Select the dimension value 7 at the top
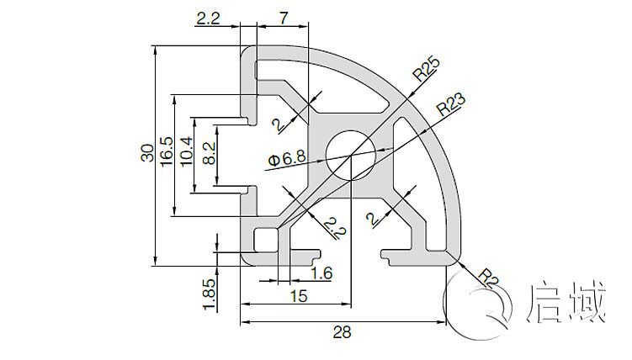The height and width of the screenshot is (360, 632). tap(283, 16)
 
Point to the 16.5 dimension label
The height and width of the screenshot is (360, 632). tap(167, 154)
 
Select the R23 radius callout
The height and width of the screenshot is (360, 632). tap(450, 105)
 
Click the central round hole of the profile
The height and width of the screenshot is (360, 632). tap(352, 154)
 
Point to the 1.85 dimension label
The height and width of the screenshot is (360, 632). tap(209, 294)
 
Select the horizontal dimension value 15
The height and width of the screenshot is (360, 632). tap(297, 295)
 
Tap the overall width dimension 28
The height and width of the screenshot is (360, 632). tap(342, 332)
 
